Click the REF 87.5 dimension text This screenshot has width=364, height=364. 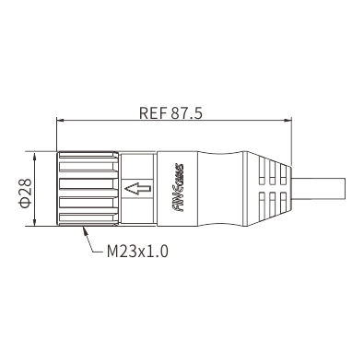pos(170,112)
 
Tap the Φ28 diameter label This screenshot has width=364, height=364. pos(26,193)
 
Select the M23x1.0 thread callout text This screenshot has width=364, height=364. pos(137,252)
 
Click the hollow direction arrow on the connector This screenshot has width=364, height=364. pos(138,189)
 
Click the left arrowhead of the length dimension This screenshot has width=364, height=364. pos(60,120)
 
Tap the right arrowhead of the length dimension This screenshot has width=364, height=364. pos(288,120)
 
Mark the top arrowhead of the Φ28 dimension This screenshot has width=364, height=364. pos(34,156)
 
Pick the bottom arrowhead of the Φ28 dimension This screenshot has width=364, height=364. pos(34,222)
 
